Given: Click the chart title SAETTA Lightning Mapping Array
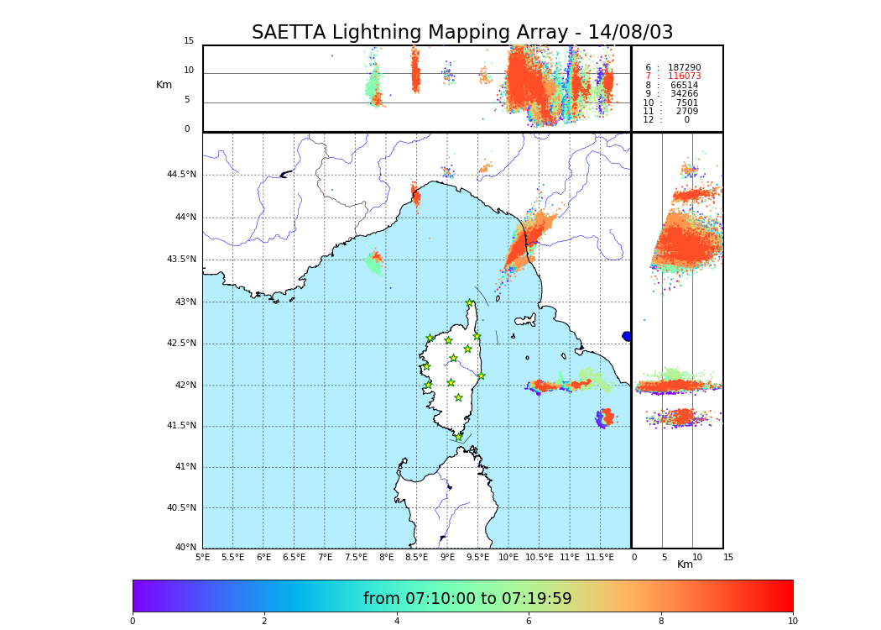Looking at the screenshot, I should pyautogui.click(x=462, y=33).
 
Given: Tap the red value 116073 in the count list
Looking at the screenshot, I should pyautogui.click(x=684, y=76).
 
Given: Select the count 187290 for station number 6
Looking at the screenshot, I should pyautogui.click(x=684, y=68).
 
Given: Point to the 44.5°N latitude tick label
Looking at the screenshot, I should pyautogui.click(x=181, y=175).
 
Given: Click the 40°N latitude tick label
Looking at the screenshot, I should pyautogui.click(x=185, y=548).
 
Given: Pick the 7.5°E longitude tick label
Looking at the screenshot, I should pyautogui.click(x=356, y=557).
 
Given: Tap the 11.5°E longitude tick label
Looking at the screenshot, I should pyautogui.click(x=600, y=557).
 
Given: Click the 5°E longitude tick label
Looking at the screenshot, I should pyautogui.click(x=203, y=557).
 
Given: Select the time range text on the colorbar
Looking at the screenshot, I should pyautogui.click(x=467, y=599).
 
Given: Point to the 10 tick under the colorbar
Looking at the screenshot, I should pyautogui.click(x=792, y=621).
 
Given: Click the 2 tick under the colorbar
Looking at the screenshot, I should pyautogui.click(x=264, y=621).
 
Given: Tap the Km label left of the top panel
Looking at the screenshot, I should pyautogui.click(x=164, y=85).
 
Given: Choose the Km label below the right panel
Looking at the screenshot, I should pyautogui.click(x=686, y=564).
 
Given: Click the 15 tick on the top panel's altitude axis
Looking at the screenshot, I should pyautogui.click(x=189, y=41).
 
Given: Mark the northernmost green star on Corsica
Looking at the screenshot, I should pyautogui.click(x=470, y=303).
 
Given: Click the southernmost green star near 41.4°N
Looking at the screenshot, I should pyautogui.click(x=458, y=437).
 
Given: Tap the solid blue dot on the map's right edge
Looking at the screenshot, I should pyautogui.click(x=627, y=336).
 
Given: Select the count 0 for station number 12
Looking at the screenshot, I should pyautogui.click(x=686, y=120).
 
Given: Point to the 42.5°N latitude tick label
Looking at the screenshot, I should pyautogui.click(x=181, y=343).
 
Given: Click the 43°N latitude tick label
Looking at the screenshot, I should pyautogui.click(x=185, y=302).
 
